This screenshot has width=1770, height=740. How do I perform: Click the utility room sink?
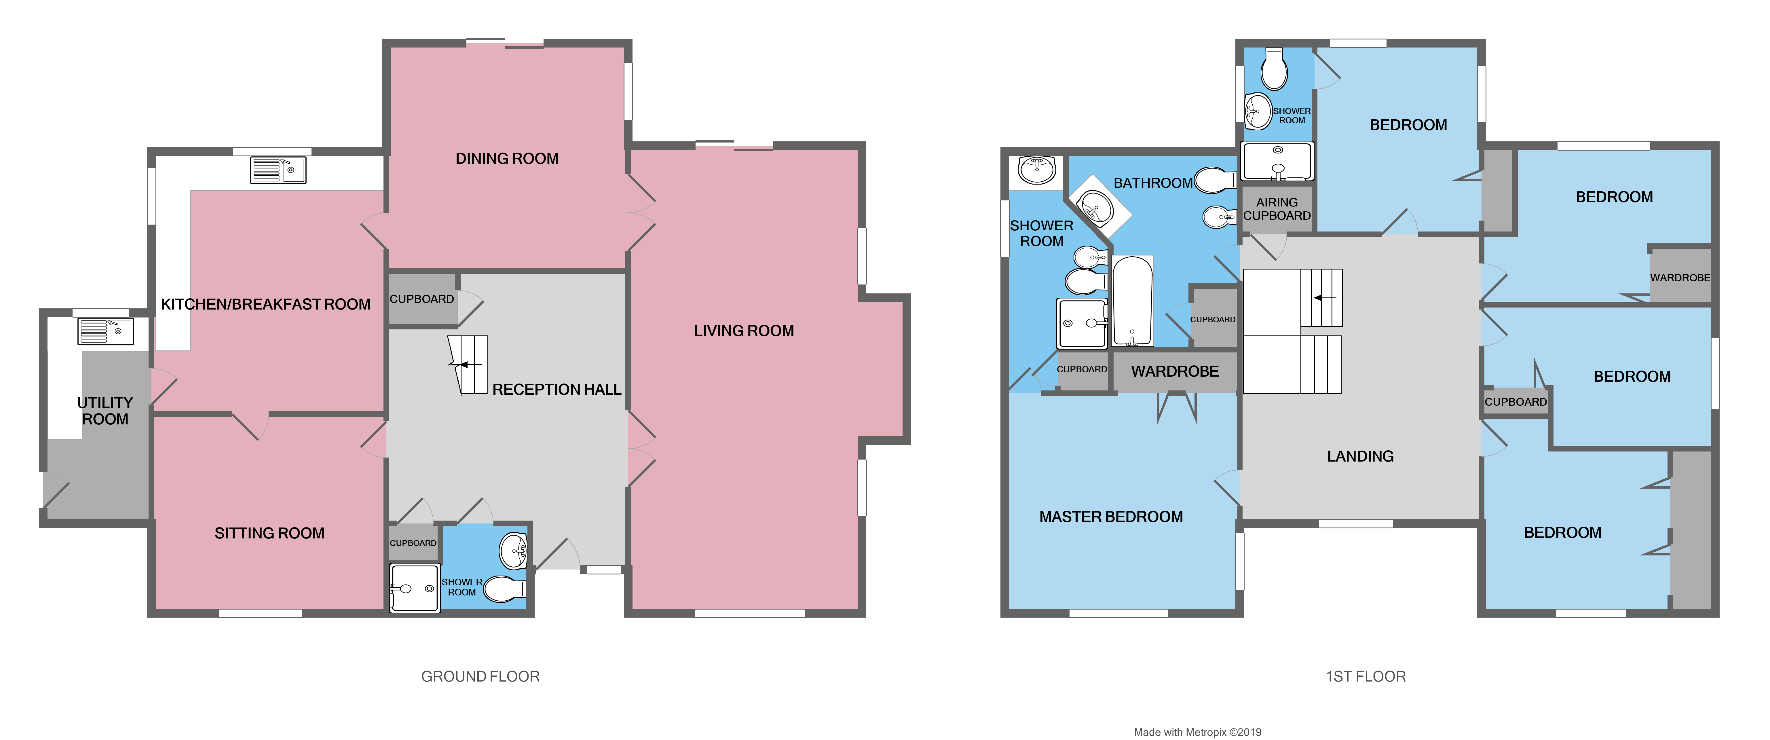[x=105, y=331]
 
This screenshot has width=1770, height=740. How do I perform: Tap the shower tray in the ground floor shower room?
[x=414, y=588]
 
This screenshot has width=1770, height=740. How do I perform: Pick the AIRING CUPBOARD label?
[x=1277, y=209]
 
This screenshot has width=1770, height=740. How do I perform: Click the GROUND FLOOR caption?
[x=480, y=677]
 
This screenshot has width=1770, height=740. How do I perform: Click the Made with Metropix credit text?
[x=1197, y=733]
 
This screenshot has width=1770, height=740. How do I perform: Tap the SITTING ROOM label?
[x=269, y=533]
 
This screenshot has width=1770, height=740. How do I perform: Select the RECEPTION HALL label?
[x=557, y=390]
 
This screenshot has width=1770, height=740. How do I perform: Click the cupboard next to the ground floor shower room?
[x=413, y=543]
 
